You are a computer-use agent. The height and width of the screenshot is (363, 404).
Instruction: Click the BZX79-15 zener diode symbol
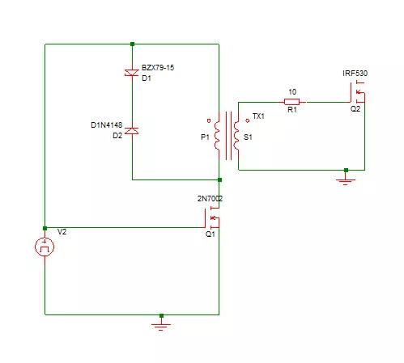point(132,73)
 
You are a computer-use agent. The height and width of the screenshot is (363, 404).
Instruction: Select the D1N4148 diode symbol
point(132,131)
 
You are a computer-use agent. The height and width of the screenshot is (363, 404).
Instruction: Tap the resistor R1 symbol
point(292,102)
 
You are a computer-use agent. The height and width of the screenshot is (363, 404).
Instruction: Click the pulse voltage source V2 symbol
point(45,247)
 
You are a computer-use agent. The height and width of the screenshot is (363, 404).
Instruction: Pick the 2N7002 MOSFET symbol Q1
point(213,217)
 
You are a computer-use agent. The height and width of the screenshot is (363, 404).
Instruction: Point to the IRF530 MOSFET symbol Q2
point(358,93)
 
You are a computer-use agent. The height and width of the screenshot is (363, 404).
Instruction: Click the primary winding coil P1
point(217,136)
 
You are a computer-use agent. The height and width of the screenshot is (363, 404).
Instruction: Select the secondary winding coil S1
point(236,136)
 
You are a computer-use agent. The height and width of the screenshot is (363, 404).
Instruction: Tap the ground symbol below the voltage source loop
point(161,325)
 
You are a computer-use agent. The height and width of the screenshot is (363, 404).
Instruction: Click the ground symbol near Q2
point(346,180)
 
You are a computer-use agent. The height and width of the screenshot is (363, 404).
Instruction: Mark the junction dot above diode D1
point(132,44)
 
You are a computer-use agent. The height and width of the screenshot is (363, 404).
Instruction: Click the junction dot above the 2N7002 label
point(219,179)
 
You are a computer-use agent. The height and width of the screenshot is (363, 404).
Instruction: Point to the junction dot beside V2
point(45,228)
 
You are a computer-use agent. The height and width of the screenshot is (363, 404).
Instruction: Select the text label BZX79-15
point(158,68)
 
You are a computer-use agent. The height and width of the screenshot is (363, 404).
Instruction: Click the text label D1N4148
point(107,125)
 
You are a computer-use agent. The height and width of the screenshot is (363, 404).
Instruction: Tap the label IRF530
point(355,74)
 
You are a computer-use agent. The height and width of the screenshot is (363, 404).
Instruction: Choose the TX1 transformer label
point(258,116)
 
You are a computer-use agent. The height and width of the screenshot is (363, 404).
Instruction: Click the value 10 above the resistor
point(292,92)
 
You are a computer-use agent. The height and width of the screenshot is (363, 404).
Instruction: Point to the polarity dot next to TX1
point(247,120)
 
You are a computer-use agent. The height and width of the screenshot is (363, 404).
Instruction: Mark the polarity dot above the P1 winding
point(209,120)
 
